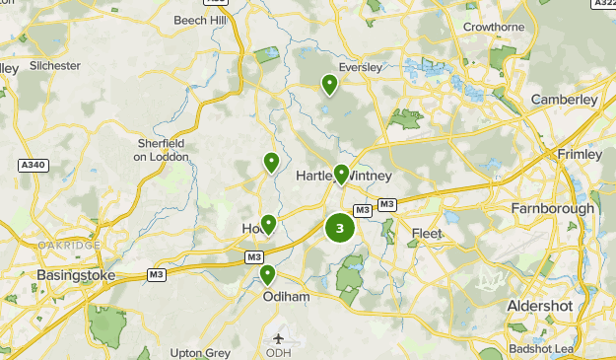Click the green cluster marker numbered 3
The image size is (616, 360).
(340, 229)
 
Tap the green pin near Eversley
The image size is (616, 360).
(329, 85)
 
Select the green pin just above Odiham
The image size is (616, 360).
(267, 275)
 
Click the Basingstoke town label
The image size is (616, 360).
(75, 274)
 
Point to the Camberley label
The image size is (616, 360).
(564, 100)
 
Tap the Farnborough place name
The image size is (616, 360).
(552, 208)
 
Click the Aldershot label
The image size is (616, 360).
(539, 306)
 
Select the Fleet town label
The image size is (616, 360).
(427, 234)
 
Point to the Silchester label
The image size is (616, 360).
(54, 65)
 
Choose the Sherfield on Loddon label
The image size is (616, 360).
(161, 149)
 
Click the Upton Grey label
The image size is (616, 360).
(200, 352)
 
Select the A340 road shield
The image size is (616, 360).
(33, 165)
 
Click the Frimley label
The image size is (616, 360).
(578, 155)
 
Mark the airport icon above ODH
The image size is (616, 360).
(278, 338)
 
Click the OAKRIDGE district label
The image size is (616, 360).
(68, 245)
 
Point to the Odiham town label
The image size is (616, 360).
(286, 295)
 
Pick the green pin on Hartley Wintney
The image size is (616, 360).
(341, 175)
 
